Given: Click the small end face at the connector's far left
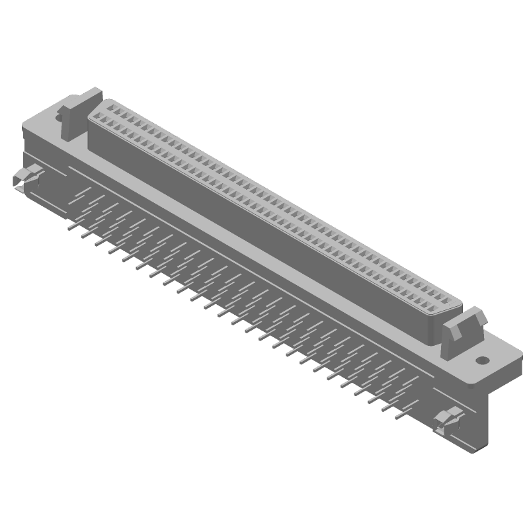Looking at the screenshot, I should [26, 139].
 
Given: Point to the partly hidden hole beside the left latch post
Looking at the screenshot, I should [59, 117].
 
